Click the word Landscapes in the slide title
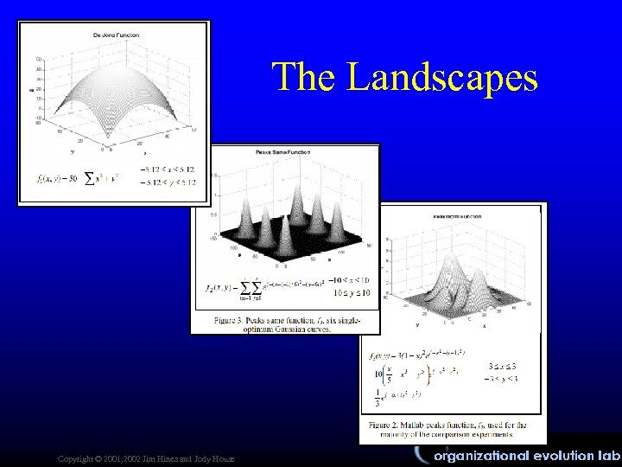pos(442,77)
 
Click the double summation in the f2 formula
pos(251,288)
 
